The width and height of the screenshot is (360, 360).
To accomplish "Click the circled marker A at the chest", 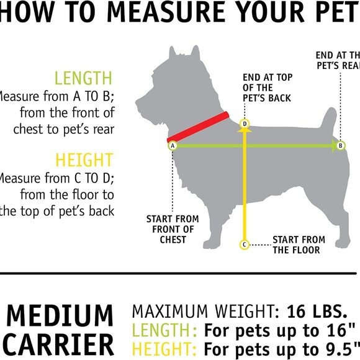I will click(173, 145).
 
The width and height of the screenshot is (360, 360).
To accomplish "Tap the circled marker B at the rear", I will click(340, 145).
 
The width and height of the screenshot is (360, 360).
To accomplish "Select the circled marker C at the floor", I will click(245, 245).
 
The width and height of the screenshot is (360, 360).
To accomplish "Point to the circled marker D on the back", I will click(245, 124).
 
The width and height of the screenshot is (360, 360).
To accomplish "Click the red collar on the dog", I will click(199, 127).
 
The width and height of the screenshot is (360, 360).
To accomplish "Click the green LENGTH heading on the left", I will click(84, 78).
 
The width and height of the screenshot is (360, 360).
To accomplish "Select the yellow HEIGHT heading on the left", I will click(84, 160).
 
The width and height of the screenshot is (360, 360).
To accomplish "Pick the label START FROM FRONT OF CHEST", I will click(173, 229).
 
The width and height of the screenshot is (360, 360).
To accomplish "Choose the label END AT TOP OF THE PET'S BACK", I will click(266, 88).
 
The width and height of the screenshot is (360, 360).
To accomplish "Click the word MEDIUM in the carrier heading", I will click(60, 316).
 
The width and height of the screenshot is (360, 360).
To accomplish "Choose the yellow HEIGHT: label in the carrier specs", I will click(166, 348).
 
